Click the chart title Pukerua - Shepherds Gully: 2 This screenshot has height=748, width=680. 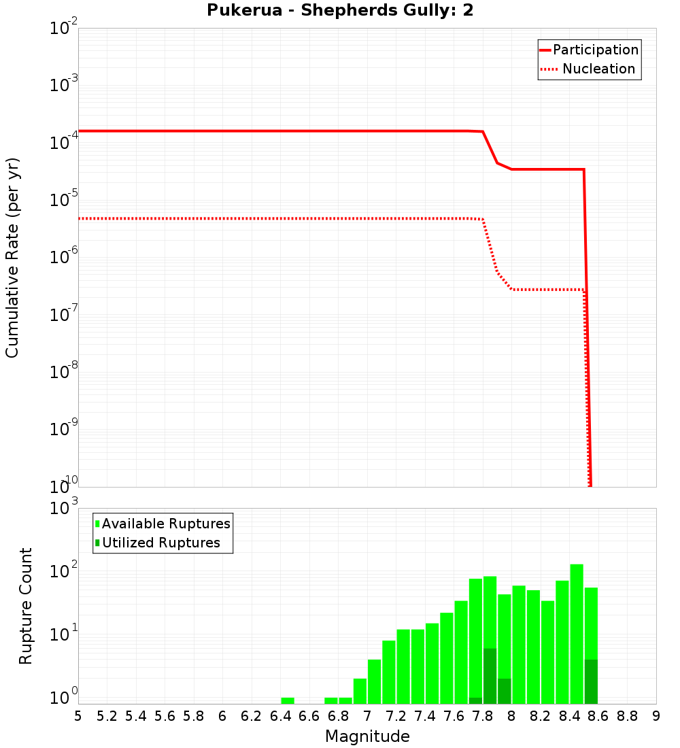340,11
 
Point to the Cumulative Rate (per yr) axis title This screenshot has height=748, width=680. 12,257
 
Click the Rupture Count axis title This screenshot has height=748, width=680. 26,605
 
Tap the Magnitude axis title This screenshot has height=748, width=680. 367,736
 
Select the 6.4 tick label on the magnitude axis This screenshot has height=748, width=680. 281,715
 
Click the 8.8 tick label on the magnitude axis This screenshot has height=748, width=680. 628,715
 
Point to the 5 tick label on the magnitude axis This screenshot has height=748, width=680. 78,715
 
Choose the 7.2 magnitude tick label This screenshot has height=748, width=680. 396,715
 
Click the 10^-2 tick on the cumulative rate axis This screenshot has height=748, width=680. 64,29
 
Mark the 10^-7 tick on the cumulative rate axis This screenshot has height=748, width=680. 64,314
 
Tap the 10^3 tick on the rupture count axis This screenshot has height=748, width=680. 65,507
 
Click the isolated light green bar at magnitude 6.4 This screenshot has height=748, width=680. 288,700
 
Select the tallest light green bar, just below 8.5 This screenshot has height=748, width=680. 577,632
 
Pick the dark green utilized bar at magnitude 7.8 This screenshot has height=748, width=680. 490,677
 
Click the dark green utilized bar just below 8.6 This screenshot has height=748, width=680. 591,681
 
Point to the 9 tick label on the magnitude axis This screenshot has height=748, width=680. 656,715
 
